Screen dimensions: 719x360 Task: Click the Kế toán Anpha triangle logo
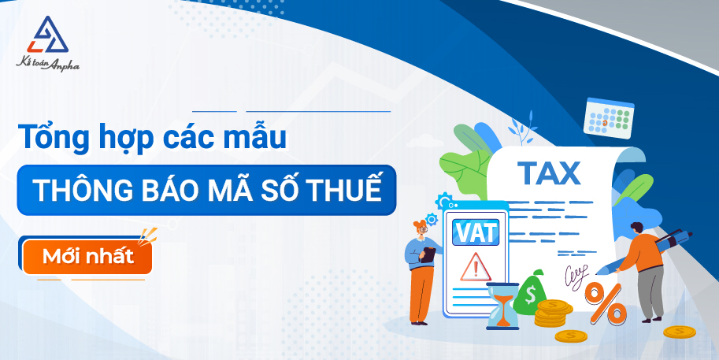click(x=48, y=35)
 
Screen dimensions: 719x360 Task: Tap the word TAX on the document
click(x=549, y=173)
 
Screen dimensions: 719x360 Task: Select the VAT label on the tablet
click(x=475, y=232)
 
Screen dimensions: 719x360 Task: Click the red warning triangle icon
click(x=476, y=267)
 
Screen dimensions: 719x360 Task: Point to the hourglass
click(x=502, y=306)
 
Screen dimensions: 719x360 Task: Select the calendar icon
click(x=609, y=118)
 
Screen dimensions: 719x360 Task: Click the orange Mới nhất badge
click(x=87, y=256)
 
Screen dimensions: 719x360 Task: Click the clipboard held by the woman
click(x=428, y=255)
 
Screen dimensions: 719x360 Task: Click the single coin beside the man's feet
click(x=680, y=332)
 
